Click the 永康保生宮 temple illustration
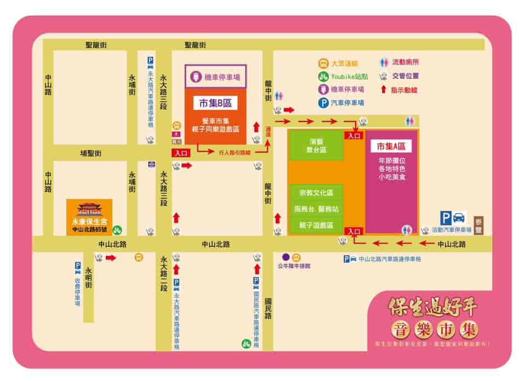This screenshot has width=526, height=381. [89, 210]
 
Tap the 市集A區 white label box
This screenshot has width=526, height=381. [390, 146]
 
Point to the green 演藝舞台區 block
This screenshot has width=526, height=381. [316, 145]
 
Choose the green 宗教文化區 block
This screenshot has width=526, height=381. [316, 193]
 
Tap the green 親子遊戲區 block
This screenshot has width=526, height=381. [316, 225]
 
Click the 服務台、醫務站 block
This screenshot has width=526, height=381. [316, 209]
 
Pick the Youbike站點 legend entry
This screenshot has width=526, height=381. [341, 77]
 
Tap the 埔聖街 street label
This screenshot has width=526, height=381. [91, 154]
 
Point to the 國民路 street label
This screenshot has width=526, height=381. [268, 309]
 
